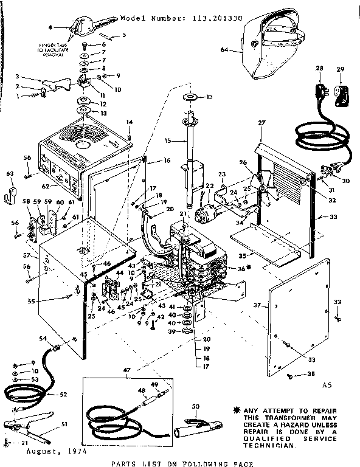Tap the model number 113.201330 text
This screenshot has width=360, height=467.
click(182, 18)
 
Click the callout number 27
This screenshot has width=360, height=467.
click(262, 123)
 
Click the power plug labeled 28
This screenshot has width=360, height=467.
click(319, 92)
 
